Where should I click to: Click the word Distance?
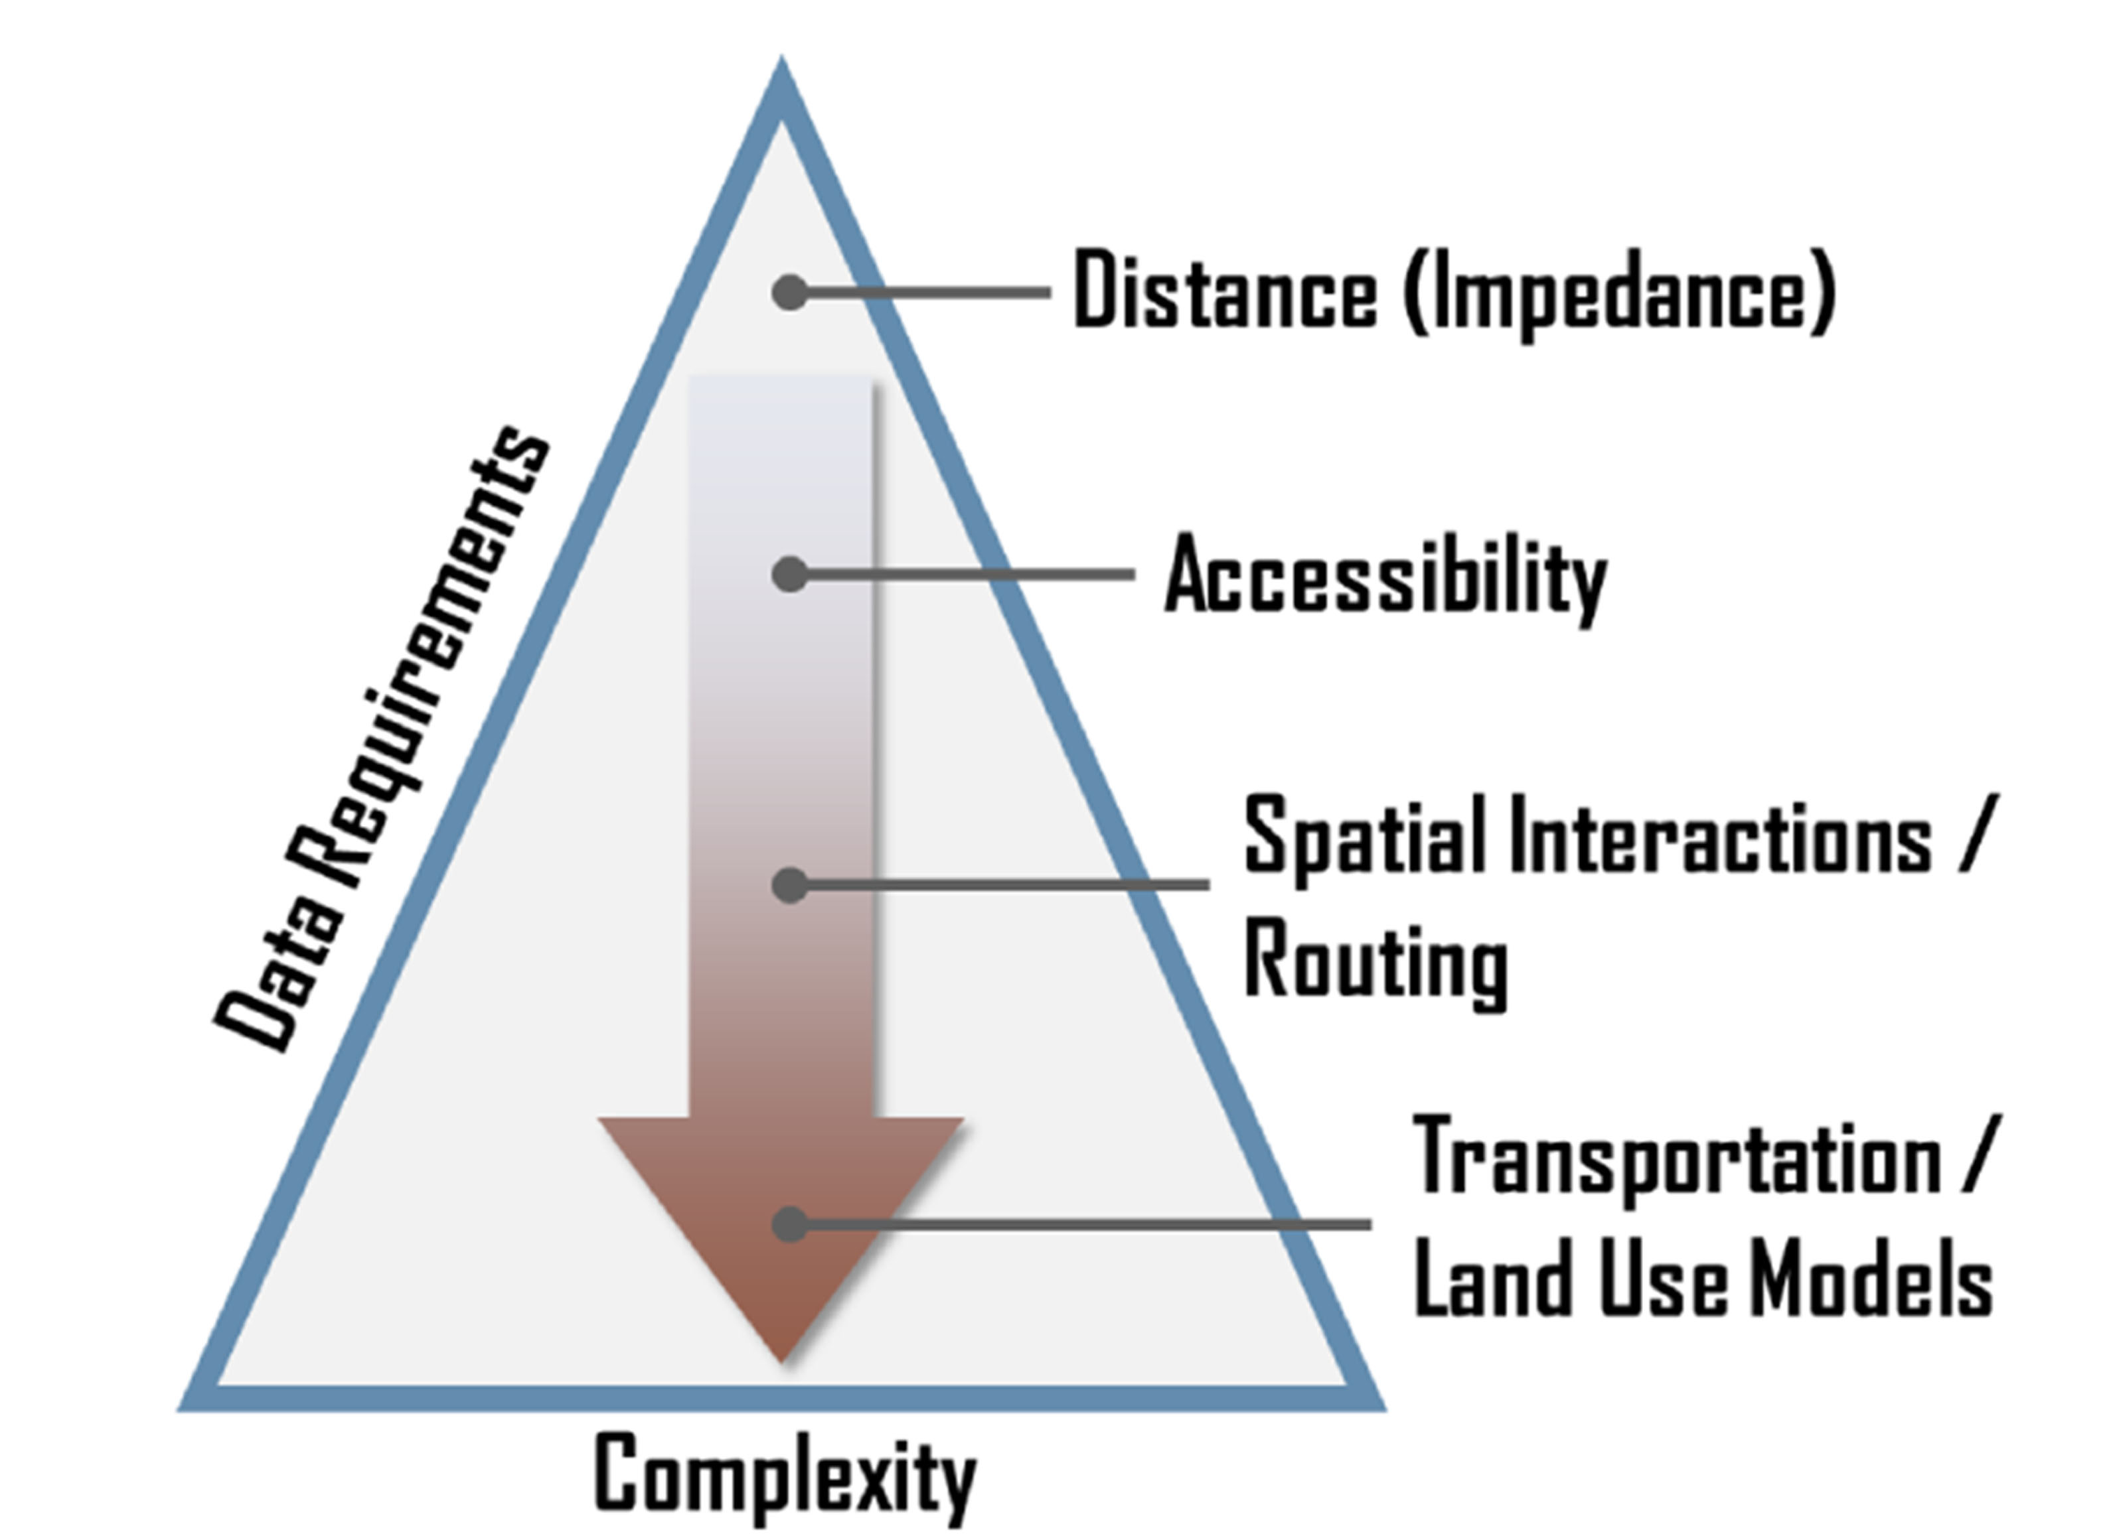1224,291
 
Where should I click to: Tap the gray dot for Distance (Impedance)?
790,293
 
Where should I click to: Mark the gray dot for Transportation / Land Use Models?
790,1224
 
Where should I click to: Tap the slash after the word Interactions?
1982,836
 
